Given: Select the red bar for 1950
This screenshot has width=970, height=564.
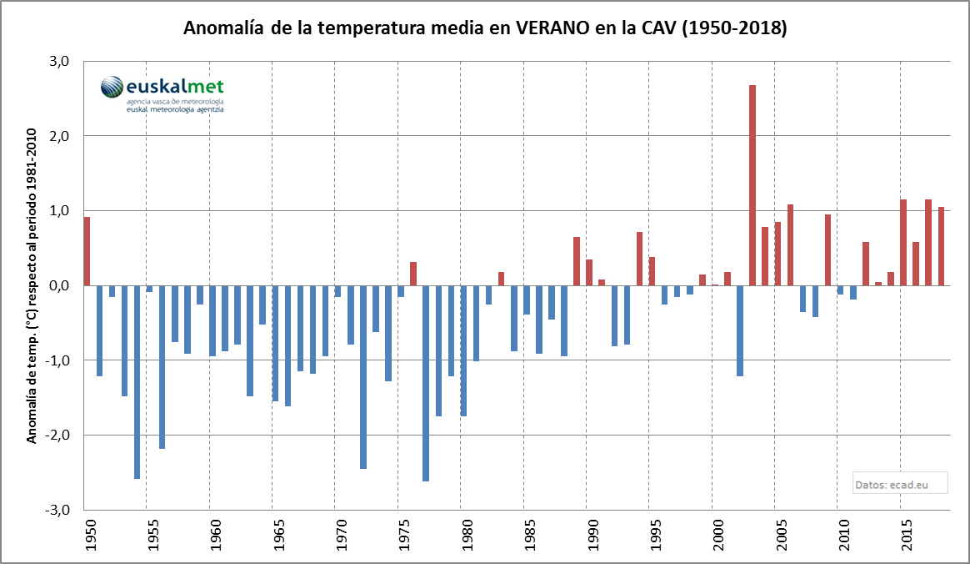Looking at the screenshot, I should [87, 251].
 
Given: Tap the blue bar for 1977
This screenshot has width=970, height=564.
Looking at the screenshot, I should [426, 383].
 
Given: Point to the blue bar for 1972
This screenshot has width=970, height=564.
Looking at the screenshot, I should [363, 376].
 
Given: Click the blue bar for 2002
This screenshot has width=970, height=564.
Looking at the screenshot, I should [740, 330].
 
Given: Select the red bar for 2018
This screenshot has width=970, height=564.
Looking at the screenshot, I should [941, 246].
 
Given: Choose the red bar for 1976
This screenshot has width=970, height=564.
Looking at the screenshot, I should [413, 274].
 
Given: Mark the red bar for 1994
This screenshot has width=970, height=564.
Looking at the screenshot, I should [639, 259].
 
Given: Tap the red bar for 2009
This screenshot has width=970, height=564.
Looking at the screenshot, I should [827, 249].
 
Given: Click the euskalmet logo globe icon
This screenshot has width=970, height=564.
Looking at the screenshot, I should [112, 87].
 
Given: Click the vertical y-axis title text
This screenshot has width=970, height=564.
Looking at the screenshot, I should [33, 285].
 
